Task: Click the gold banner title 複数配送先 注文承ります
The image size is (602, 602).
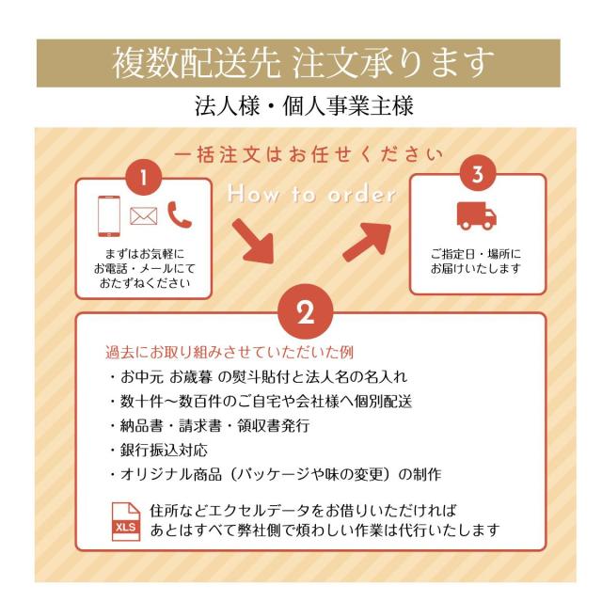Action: click(x=302, y=63)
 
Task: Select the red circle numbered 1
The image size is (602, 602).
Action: click(x=143, y=177)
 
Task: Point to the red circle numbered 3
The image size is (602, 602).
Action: click(x=478, y=175)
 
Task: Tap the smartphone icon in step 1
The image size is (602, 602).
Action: click(x=109, y=217)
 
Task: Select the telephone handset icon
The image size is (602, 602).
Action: click(x=179, y=215)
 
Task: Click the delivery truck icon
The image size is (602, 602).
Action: click(x=476, y=215)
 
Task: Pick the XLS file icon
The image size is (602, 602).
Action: click(x=125, y=521)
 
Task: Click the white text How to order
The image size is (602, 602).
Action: click(x=311, y=195)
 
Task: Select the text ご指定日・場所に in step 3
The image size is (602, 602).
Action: click(x=476, y=254)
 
